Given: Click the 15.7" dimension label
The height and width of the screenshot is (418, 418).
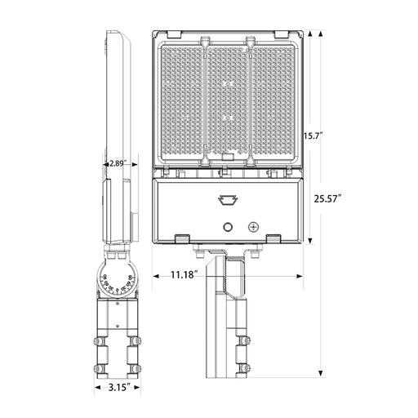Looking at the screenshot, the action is click(313, 136).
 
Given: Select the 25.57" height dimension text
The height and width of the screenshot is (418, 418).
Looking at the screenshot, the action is click(327, 198).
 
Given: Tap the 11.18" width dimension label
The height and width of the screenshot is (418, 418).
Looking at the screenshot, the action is click(184, 274).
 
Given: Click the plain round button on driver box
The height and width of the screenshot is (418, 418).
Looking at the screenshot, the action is click(228, 227).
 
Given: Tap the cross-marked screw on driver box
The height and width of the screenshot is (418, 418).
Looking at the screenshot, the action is click(253, 227).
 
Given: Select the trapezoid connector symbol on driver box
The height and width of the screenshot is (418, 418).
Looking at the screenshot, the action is click(228, 199).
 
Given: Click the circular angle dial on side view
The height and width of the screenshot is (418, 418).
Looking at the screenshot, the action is click(118, 281).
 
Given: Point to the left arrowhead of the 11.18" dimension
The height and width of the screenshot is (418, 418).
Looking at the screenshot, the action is click(155, 276).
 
